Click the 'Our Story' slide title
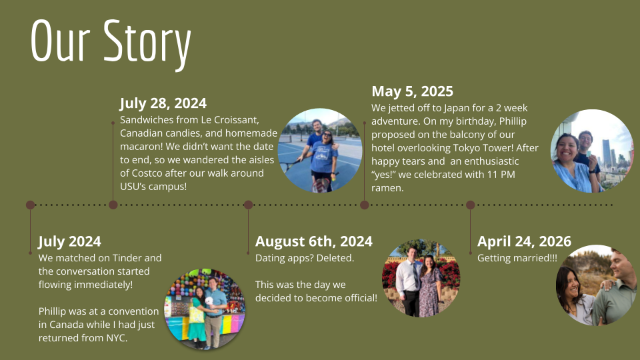(111, 42)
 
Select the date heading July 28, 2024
(163, 103)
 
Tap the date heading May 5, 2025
(412, 91)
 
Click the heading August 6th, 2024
(313, 241)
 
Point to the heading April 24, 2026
(524, 241)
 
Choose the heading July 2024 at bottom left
(69, 241)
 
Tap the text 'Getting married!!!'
(517, 258)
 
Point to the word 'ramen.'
(387, 188)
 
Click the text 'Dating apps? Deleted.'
(305, 258)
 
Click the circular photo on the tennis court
(320, 151)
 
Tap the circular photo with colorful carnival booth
(205, 309)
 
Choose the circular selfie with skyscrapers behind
(591, 151)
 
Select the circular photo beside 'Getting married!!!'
(597, 285)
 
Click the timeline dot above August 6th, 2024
(248, 205)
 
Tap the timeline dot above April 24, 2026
(470, 205)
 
